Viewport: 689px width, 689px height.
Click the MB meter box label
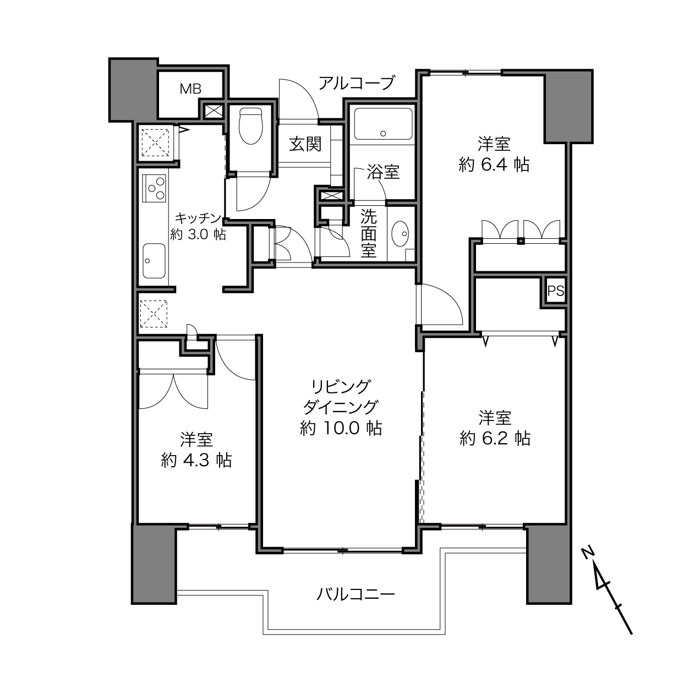point(190,89)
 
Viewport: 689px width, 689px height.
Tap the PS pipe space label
point(556,292)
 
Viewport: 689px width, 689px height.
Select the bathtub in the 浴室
point(383,124)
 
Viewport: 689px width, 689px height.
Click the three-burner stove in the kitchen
point(155,188)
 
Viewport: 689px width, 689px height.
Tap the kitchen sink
point(154,261)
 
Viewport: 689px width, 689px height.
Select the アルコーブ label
point(357,83)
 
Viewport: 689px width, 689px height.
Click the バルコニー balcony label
point(356,594)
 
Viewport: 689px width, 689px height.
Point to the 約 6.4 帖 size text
point(494,165)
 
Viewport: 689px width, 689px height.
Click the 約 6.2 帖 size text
point(495,439)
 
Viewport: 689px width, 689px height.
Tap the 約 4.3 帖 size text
point(196,460)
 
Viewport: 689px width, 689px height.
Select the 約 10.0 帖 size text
point(341,428)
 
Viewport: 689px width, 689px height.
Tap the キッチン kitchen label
point(198,218)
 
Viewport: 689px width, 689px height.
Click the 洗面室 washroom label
point(368,234)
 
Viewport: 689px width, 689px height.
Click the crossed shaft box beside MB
point(214,111)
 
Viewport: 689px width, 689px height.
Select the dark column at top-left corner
point(133,90)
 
